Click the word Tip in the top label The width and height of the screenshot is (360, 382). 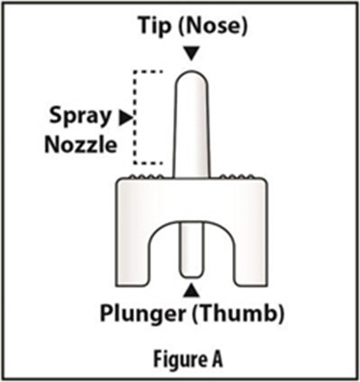click(155, 26)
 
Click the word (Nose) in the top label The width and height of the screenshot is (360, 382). click(213, 26)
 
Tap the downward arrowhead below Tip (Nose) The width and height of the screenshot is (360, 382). click(192, 54)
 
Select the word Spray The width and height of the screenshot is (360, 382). click(80, 116)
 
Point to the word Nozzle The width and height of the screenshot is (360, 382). click(80, 145)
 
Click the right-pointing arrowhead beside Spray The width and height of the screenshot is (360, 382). click(125, 118)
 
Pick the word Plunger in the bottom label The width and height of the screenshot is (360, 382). click(142, 314)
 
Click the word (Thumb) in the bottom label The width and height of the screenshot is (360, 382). click(238, 314)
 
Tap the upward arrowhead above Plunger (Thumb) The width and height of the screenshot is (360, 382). click(192, 290)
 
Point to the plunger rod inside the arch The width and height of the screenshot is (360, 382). click(191, 250)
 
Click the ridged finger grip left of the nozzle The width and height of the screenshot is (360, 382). click(146, 177)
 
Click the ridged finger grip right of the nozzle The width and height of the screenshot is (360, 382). click(237, 177)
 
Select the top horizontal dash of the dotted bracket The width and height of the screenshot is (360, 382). click(148, 72)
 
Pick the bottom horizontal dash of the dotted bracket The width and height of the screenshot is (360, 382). click(148, 163)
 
